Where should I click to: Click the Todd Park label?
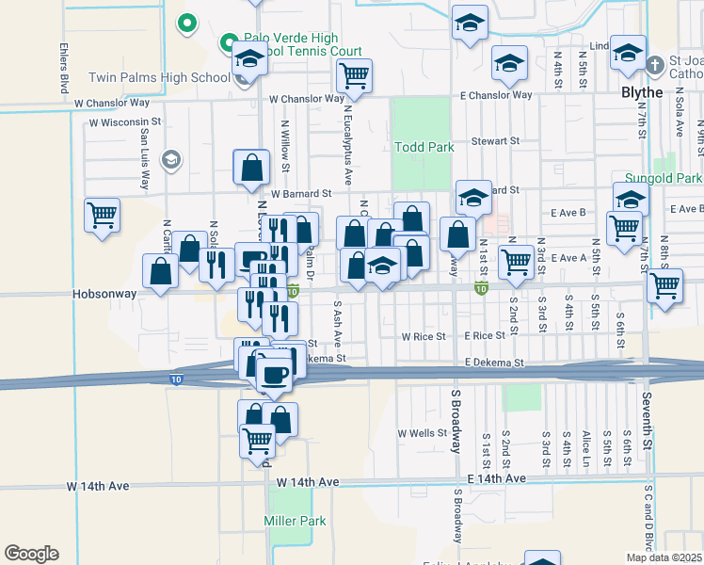pyautogui.click(x=424, y=147)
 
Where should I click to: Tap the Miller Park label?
pyautogui.click(x=295, y=521)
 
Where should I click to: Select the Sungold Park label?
pyautogui.click(x=664, y=178)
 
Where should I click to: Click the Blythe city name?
pyautogui.click(x=642, y=92)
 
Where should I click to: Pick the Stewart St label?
pyautogui.click(x=496, y=141)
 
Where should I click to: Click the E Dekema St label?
pyautogui.click(x=492, y=362)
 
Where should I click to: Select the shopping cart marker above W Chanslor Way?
pyautogui.click(x=354, y=74)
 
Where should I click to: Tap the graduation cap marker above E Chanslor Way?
pyautogui.click(x=509, y=63)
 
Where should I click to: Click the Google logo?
pyautogui.click(x=31, y=554)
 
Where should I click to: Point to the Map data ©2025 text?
pyautogui.click(x=664, y=557)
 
